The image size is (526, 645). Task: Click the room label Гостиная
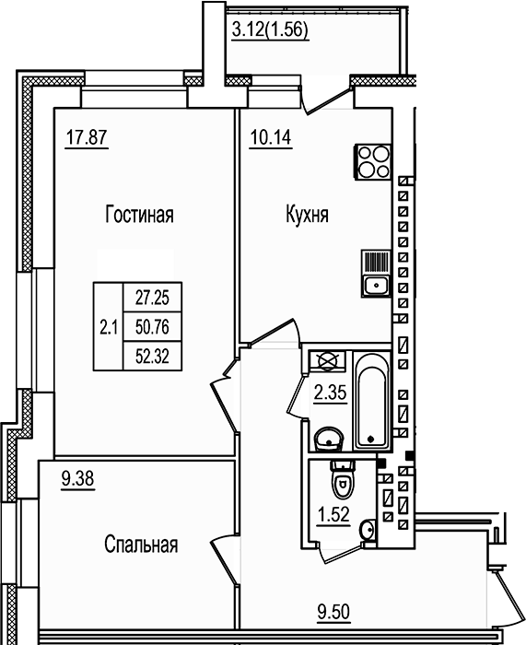coord(140,217)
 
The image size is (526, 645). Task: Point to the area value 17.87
coord(83,139)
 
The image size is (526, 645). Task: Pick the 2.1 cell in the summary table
coord(107,326)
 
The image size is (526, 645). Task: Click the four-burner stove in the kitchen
coord(373,162)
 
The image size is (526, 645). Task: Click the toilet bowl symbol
coord(342,481)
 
